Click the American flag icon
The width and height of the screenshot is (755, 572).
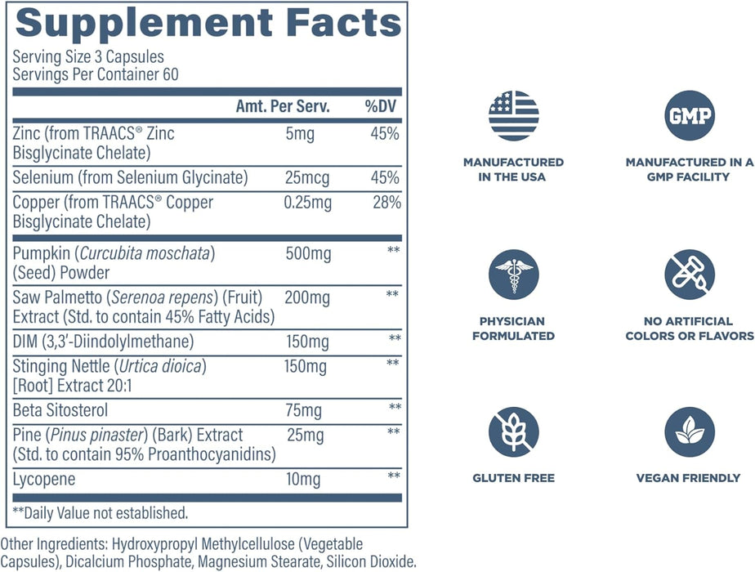click(513, 115)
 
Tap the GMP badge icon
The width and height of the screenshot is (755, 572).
click(690, 115)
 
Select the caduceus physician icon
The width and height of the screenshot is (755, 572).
click(513, 275)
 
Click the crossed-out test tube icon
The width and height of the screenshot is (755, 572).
click(690, 275)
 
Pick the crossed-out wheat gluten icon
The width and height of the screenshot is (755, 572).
click(513, 432)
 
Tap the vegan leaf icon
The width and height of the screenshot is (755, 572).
click(690, 432)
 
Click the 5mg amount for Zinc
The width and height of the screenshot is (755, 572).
click(298, 134)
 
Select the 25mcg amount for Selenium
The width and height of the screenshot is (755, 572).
click(305, 177)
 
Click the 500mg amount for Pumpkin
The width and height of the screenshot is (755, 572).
click(308, 254)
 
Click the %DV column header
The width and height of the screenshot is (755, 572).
click(381, 108)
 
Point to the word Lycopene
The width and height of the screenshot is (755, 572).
click(43, 479)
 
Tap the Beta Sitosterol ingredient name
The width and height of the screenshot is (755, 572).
click(60, 410)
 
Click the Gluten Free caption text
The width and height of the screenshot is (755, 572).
click(513, 478)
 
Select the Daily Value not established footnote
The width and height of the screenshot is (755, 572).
click(100, 513)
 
